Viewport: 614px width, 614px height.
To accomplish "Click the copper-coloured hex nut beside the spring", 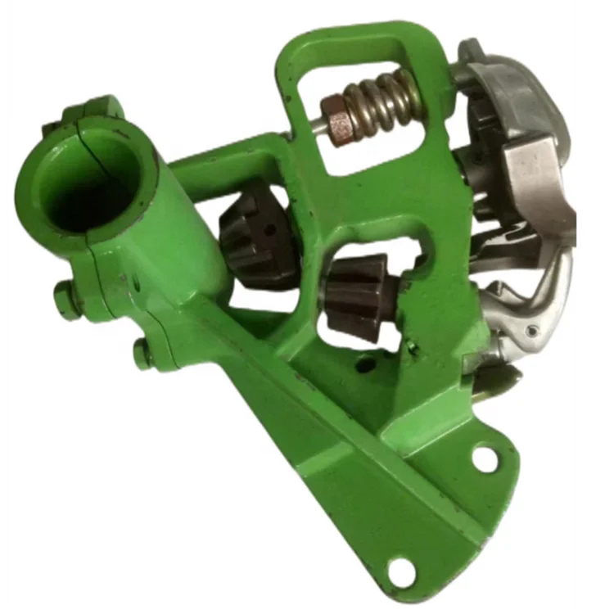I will [336, 119].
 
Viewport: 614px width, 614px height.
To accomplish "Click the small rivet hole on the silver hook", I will [533, 331].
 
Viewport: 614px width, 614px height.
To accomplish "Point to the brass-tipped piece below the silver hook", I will [499, 377].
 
